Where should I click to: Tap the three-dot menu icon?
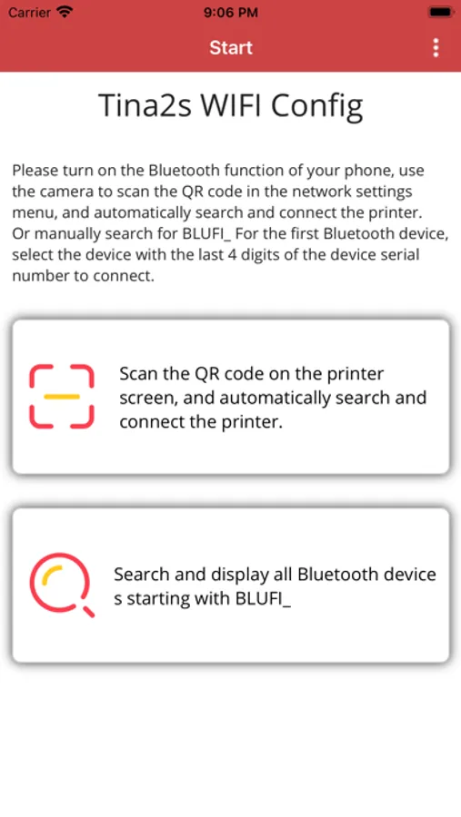click(x=436, y=47)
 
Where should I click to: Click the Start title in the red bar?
click(x=231, y=47)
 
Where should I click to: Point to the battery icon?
click(x=441, y=12)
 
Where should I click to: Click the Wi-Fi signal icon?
click(x=65, y=12)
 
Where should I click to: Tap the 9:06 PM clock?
click(x=231, y=12)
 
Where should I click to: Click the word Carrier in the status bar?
click(x=29, y=12)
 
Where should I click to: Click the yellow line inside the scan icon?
click(x=62, y=397)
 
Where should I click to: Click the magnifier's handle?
click(x=89, y=612)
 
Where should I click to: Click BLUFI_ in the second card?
click(x=263, y=599)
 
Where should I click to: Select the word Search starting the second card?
click(x=140, y=575)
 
